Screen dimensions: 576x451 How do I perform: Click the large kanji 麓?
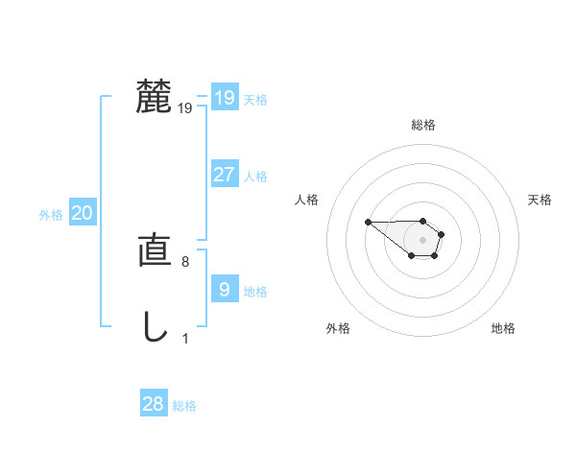pyautogui.click(x=154, y=97)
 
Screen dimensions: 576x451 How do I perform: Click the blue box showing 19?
pyautogui.click(x=224, y=97)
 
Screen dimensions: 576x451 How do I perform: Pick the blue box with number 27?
pyautogui.click(x=224, y=175)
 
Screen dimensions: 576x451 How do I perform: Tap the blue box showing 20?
pyautogui.click(x=82, y=213)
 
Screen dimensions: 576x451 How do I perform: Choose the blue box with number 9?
pyautogui.click(x=224, y=290)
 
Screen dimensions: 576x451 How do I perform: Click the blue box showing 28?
pyautogui.click(x=154, y=404)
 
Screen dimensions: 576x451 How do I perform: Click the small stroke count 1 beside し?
pyautogui.click(x=185, y=339)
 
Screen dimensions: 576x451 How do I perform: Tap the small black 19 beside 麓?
pyautogui.click(x=185, y=108)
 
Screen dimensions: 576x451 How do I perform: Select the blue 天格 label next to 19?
pyautogui.click(x=255, y=99)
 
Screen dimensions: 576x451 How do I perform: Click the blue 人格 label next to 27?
pyautogui.click(x=255, y=177)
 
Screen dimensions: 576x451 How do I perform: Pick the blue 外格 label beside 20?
pyautogui.click(x=51, y=215)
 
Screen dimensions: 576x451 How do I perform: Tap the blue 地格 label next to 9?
pyautogui.click(x=255, y=292)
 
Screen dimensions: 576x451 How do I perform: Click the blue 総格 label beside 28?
pyautogui.click(x=184, y=406)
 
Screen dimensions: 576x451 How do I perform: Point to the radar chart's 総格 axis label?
pyautogui.click(x=423, y=125)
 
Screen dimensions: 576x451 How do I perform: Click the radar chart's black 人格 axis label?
pyautogui.click(x=307, y=200)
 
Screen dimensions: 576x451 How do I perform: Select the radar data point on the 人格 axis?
pyautogui.click(x=368, y=223)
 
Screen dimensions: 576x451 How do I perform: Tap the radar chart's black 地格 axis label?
pyautogui.click(x=503, y=328)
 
